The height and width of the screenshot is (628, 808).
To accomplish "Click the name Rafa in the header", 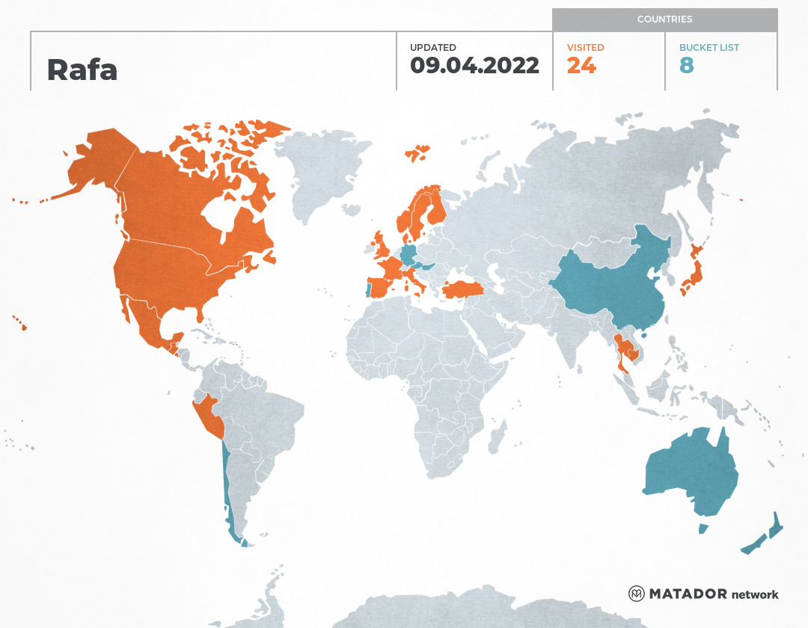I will point(82,70).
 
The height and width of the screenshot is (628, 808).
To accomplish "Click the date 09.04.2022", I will point(474,66).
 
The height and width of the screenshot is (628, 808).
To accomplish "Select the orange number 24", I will point(581,66).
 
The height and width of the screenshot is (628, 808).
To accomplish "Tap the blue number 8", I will point(686,66).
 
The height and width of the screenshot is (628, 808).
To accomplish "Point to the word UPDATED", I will point(432,47).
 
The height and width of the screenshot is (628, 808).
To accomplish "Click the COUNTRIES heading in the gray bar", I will point(664,19).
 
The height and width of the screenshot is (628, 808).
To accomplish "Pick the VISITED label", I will point(585,47).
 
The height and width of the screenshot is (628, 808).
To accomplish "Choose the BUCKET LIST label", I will point(708,47).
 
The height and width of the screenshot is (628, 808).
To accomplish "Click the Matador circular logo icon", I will point(636,594).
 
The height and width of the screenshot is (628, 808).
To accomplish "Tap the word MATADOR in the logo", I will point(688,594).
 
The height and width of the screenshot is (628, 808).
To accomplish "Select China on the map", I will point(613,284).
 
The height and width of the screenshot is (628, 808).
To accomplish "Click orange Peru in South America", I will point(208,415).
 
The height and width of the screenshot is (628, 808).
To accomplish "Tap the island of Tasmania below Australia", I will point(703,529).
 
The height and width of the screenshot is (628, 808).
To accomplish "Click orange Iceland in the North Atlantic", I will point(417,153).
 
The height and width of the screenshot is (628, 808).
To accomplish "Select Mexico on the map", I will point(150,321).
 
